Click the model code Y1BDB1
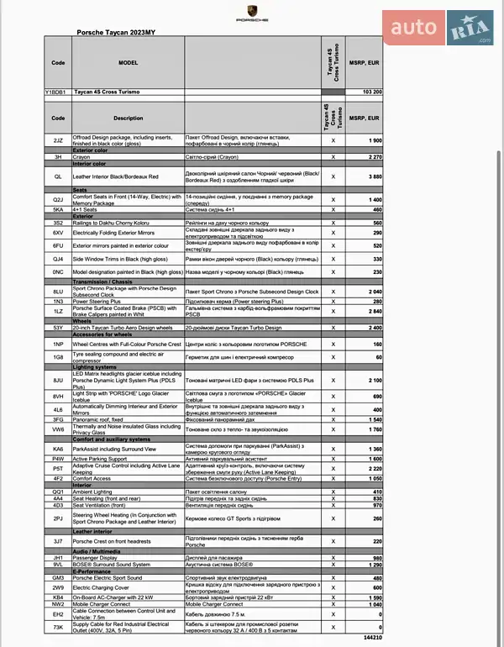pyautogui.click(x=58, y=91)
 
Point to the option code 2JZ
pyautogui.click(x=58, y=140)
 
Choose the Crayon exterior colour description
pyautogui.click(x=81, y=156)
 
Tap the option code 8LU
pyautogui.click(x=58, y=291)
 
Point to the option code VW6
pyautogui.click(x=58, y=429)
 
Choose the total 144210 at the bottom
pyautogui.click(x=371, y=638)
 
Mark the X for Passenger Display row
pyautogui.click(x=333, y=557)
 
